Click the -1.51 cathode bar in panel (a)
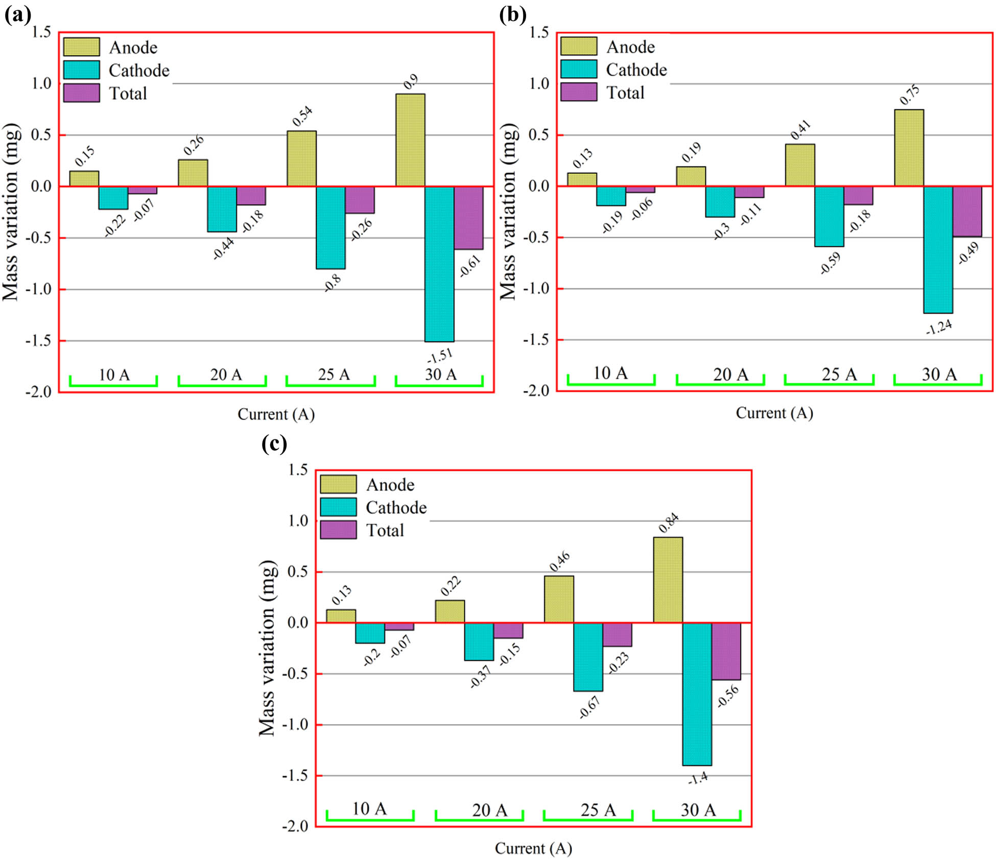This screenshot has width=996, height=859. tap(439, 264)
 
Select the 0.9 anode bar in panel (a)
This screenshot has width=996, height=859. tap(410, 140)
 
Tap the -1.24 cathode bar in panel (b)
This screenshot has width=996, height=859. tap(938, 249)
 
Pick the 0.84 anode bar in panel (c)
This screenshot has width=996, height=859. tap(668, 579)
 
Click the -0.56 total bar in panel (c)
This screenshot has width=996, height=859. tap(726, 651)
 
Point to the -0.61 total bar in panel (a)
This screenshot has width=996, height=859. tap(468, 218)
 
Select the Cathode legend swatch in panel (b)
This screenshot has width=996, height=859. tap(578, 69)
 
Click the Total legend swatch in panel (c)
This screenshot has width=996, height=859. tap(338, 530)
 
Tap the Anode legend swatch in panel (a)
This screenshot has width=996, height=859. tap(81, 47)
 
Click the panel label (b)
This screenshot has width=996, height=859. tap(512, 15)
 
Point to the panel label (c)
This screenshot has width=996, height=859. tap(274, 443)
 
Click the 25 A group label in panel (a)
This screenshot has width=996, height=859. tap(334, 375)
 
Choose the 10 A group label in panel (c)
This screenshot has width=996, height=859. tap(369, 809)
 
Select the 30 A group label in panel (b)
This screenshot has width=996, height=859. tap(939, 375)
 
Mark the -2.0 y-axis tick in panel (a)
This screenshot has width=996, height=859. tap(39, 392)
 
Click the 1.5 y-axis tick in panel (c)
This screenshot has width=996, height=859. tap(298, 470)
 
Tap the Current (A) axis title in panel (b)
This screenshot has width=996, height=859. tap(774, 413)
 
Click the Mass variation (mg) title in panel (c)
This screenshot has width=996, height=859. tap(267, 648)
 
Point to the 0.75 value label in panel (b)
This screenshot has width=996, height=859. tap(910, 95)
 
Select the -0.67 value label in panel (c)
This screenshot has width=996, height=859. tap(590, 707)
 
